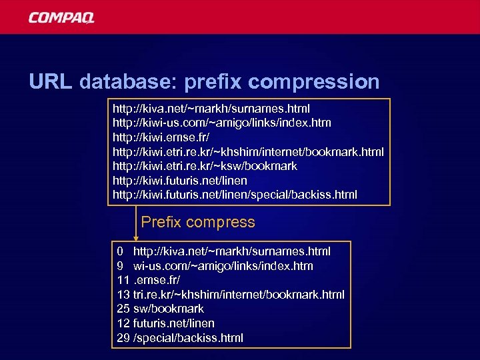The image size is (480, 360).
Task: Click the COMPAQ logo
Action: pos(61,17)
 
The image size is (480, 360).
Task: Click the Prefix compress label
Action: pos(198,222)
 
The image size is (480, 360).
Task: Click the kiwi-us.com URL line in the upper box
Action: pos(221,123)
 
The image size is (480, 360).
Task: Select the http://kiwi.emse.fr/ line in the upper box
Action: pos(161,137)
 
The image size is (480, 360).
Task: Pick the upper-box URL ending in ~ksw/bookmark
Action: pos(205,165)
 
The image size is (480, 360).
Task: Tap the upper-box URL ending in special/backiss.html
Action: pos(235,195)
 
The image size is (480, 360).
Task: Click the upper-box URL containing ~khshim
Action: pos(248,151)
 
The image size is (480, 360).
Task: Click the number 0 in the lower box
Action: pos(119,251)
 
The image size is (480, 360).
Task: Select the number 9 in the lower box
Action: pos(119,266)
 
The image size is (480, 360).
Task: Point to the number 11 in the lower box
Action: pos(123,280)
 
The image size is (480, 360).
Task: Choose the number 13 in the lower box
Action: pos(123,295)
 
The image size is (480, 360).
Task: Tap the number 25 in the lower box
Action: pos(123,309)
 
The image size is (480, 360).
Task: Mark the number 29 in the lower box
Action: pos(123,338)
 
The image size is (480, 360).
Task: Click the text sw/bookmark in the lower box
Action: pos(169,309)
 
